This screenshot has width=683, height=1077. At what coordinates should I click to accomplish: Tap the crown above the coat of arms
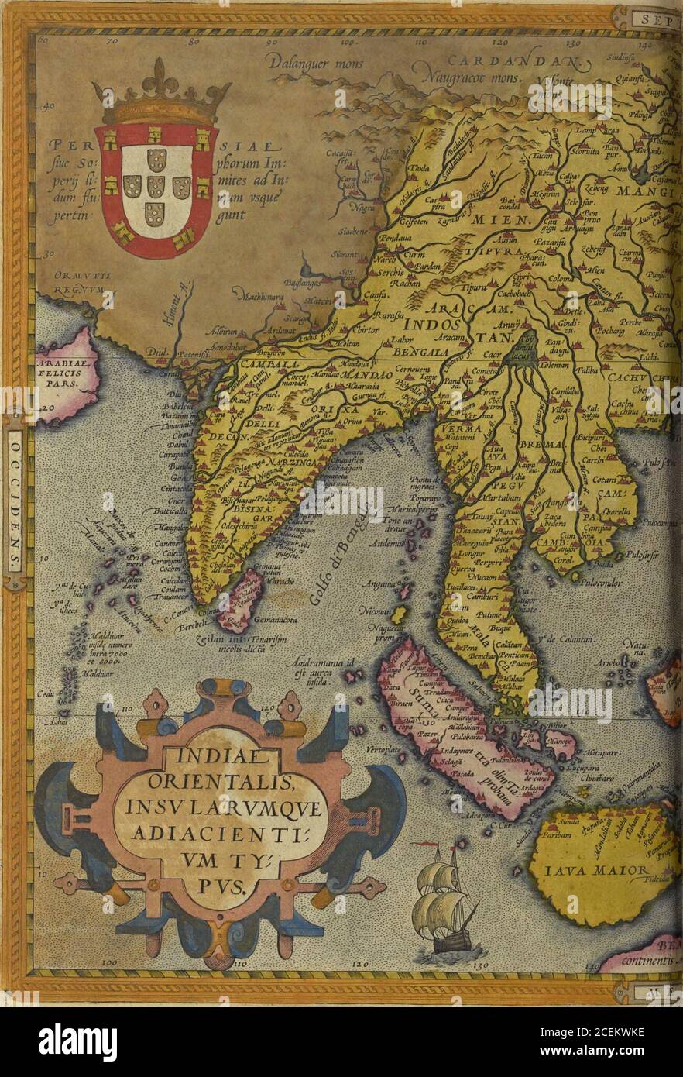[161, 97]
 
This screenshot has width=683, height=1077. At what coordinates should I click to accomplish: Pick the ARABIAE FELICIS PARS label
[65, 371]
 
